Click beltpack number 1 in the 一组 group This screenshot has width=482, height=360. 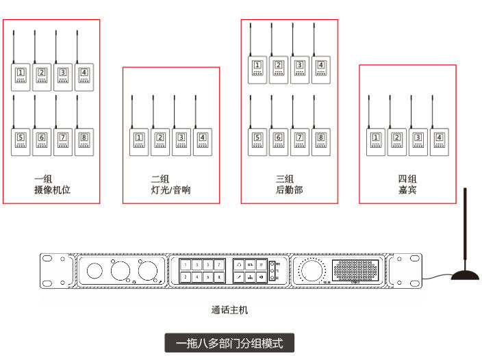[21, 77]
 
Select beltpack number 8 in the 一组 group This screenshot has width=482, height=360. [84, 142]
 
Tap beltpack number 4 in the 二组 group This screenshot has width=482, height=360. [202, 142]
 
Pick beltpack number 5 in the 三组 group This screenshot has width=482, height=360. [257, 142]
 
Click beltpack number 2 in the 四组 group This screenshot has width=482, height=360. [397, 142]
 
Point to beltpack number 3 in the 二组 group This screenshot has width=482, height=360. [181, 142]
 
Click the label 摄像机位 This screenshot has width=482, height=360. [52, 190]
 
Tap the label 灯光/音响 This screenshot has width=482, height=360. [170, 190]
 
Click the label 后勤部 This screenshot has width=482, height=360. [289, 190]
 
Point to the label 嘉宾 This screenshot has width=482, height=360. [407, 190]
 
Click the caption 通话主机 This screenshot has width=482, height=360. [229, 310]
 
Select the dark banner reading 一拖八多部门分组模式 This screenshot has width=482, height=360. [229, 342]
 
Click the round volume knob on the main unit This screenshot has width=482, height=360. [313, 271]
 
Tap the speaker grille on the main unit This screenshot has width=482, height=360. [359, 270]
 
